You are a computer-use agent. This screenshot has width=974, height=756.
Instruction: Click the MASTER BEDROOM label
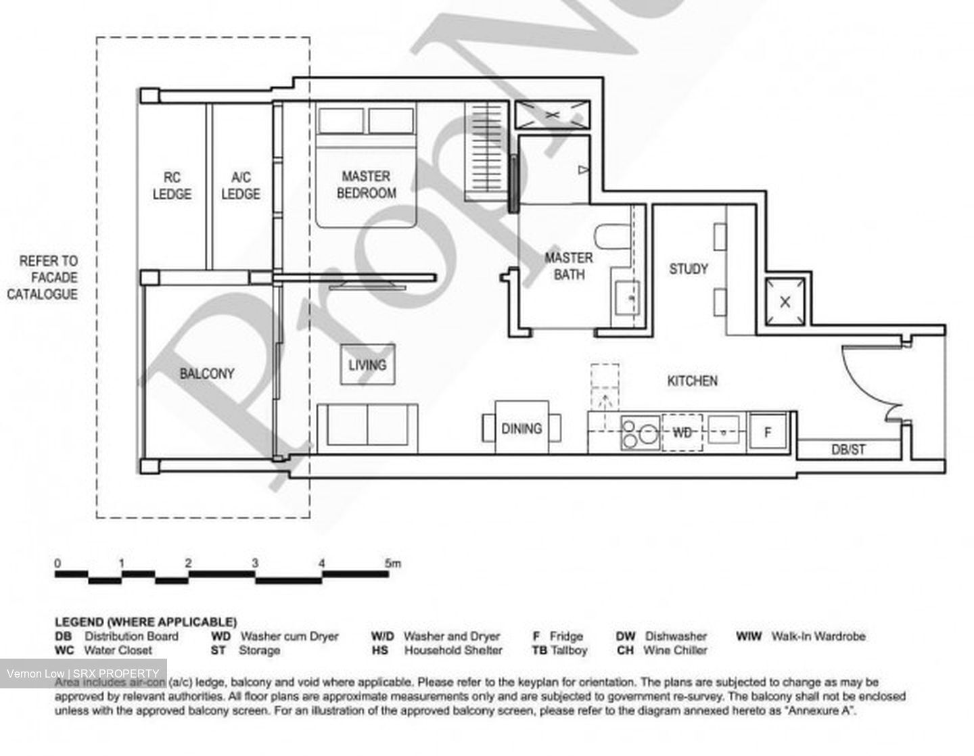click(x=366, y=185)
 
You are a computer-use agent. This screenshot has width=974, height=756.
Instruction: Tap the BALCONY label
click(x=206, y=373)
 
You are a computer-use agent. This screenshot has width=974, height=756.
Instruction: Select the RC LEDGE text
click(x=172, y=185)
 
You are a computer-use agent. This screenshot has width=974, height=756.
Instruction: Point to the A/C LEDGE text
click(x=241, y=185)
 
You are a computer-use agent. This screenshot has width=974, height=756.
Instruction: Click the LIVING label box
click(x=367, y=365)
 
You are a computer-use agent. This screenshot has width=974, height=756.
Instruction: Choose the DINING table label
click(x=521, y=428)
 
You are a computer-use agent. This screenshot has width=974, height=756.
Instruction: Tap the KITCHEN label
click(x=692, y=381)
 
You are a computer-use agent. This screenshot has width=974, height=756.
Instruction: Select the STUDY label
click(x=689, y=268)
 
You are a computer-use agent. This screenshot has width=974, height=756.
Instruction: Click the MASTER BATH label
click(x=568, y=266)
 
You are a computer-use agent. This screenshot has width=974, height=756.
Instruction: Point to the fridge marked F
click(x=768, y=432)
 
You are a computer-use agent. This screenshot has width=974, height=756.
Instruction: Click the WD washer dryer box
click(x=682, y=432)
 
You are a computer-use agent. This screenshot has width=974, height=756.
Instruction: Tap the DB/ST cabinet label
click(x=848, y=449)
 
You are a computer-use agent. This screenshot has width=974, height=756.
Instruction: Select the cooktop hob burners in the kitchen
click(x=640, y=433)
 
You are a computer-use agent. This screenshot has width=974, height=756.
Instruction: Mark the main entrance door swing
click(x=869, y=382)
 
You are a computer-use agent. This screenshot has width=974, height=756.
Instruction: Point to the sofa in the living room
click(x=367, y=425)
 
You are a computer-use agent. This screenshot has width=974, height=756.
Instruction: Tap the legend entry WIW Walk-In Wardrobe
click(x=801, y=636)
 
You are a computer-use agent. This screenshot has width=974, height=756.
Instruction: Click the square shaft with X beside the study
click(x=785, y=302)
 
